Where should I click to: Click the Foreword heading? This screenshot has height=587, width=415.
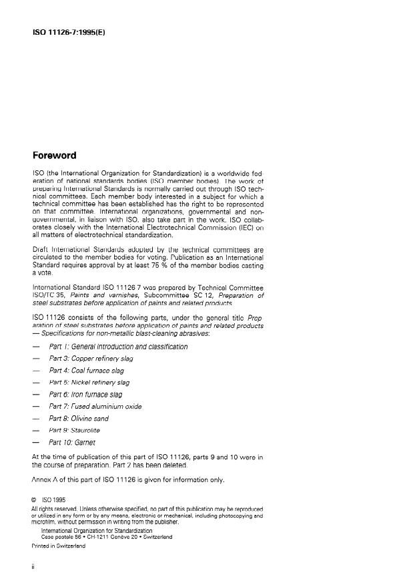click(x=55, y=156)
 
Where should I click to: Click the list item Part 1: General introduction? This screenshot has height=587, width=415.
click(x=118, y=347)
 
